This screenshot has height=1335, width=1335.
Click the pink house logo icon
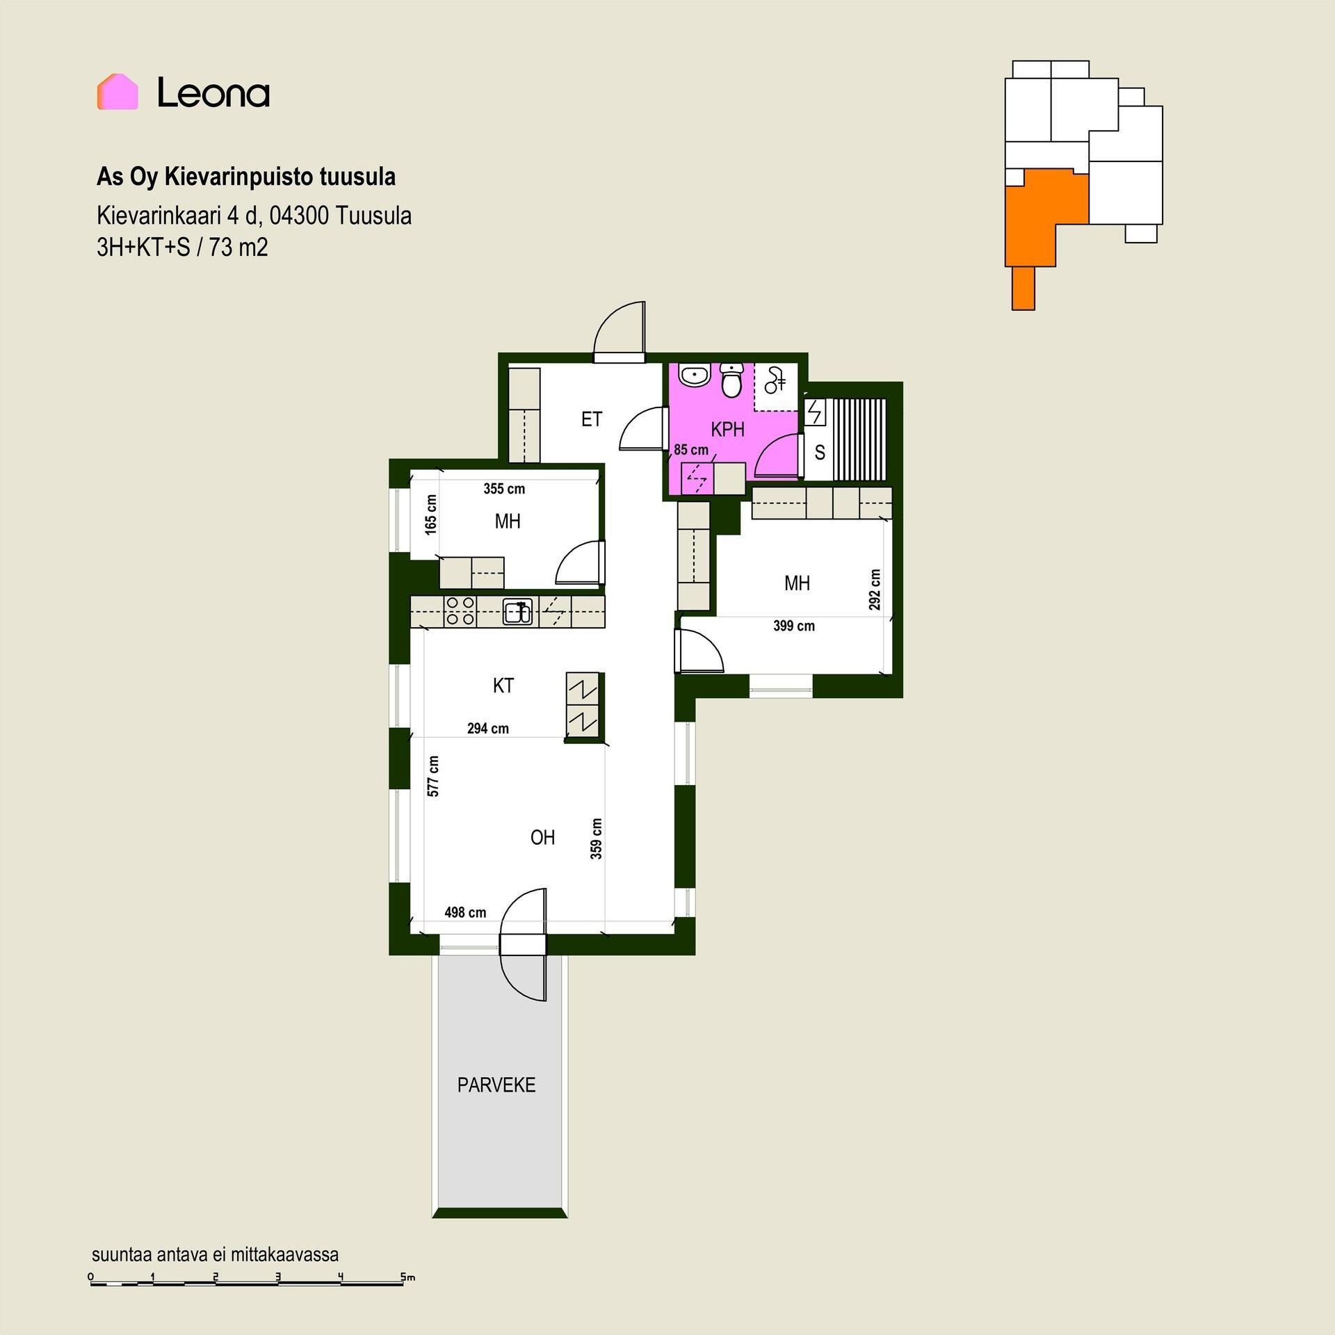coord(118,92)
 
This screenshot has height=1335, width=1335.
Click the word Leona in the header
coord(213,92)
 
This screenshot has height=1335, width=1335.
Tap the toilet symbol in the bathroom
coord(731,380)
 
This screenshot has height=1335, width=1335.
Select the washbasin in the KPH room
coord(693,375)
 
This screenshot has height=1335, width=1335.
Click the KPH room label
coord(727,430)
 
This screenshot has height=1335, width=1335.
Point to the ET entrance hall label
coord(591,419)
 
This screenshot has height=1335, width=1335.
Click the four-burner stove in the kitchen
coord(460,611)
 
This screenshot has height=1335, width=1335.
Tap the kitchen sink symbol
coord(518,611)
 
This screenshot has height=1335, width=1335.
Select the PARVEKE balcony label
coord(496,1085)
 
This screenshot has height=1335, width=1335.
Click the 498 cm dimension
coord(465,912)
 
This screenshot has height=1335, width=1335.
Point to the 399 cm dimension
coord(794,626)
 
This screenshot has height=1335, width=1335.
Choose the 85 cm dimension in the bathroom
coord(691,450)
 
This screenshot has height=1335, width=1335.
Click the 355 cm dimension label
coord(504,489)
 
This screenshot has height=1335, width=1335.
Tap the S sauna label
coord(820,453)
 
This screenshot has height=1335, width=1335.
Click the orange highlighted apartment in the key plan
coord(1036,222)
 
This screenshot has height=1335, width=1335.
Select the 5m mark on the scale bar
coord(407,1277)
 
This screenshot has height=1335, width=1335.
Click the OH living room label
coord(542,837)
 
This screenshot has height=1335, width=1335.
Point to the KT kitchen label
coord(503,686)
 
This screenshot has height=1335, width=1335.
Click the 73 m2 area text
coord(238,248)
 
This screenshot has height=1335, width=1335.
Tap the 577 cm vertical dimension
coord(433,776)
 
